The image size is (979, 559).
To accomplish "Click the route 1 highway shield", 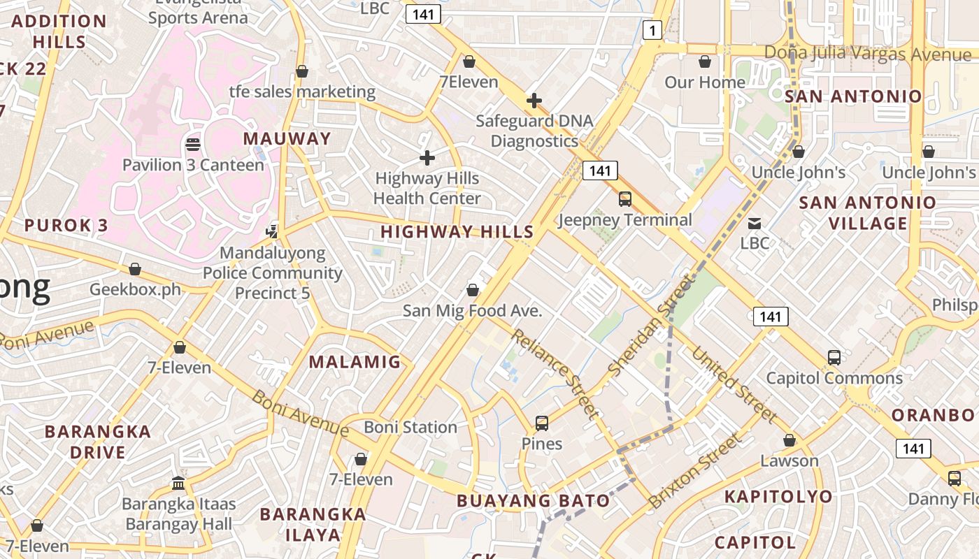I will (x=652, y=30).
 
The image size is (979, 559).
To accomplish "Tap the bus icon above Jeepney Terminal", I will (x=624, y=199).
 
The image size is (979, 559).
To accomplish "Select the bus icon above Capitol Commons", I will (x=834, y=358).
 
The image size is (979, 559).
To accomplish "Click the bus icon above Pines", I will (x=541, y=423).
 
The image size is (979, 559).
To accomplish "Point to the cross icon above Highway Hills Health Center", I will (x=427, y=158).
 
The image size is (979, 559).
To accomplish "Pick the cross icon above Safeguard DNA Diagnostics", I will (x=534, y=101).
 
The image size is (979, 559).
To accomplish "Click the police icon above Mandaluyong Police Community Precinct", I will (x=272, y=231).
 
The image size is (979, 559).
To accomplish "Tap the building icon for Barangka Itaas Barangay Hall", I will (x=178, y=483).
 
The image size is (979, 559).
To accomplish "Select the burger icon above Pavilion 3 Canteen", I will (x=193, y=145).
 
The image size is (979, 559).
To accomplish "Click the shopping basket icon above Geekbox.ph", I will (x=135, y=269).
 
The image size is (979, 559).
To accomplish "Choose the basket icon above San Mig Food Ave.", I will (x=473, y=290).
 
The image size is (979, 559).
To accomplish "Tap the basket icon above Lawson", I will (x=789, y=440).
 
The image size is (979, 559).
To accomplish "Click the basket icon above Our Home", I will (x=705, y=61).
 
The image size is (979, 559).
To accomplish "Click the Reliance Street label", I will (x=555, y=374).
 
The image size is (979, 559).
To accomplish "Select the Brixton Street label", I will (x=694, y=470).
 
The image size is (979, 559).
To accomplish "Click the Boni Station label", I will (x=410, y=427).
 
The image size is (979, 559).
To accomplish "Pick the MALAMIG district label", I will (x=355, y=362).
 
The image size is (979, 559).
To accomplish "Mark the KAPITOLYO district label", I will (x=778, y=497).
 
